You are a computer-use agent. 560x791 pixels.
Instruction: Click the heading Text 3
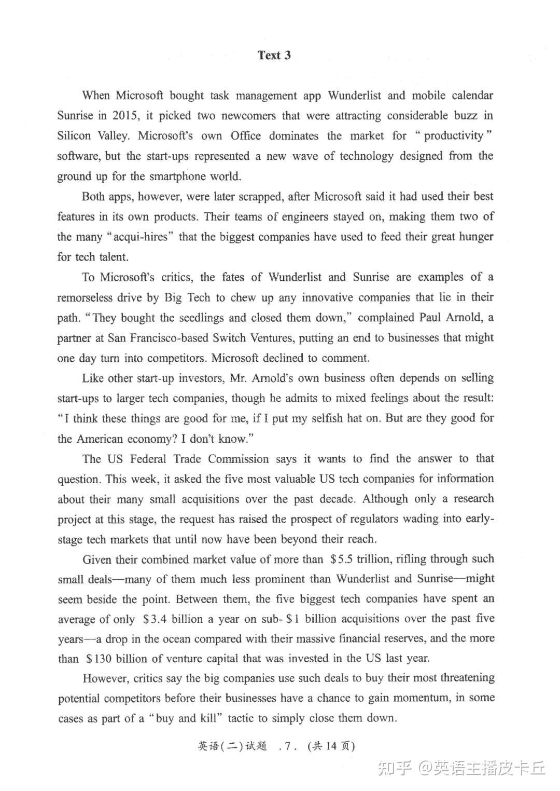point(274,56)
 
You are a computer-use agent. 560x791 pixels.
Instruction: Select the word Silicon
point(74,136)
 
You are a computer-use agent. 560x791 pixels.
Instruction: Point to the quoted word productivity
point(454,136)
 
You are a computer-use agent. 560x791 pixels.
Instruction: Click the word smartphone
point(177,176)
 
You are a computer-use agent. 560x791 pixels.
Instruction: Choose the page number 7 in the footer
point(287,747)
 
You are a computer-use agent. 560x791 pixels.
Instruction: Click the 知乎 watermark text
point(394,768)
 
